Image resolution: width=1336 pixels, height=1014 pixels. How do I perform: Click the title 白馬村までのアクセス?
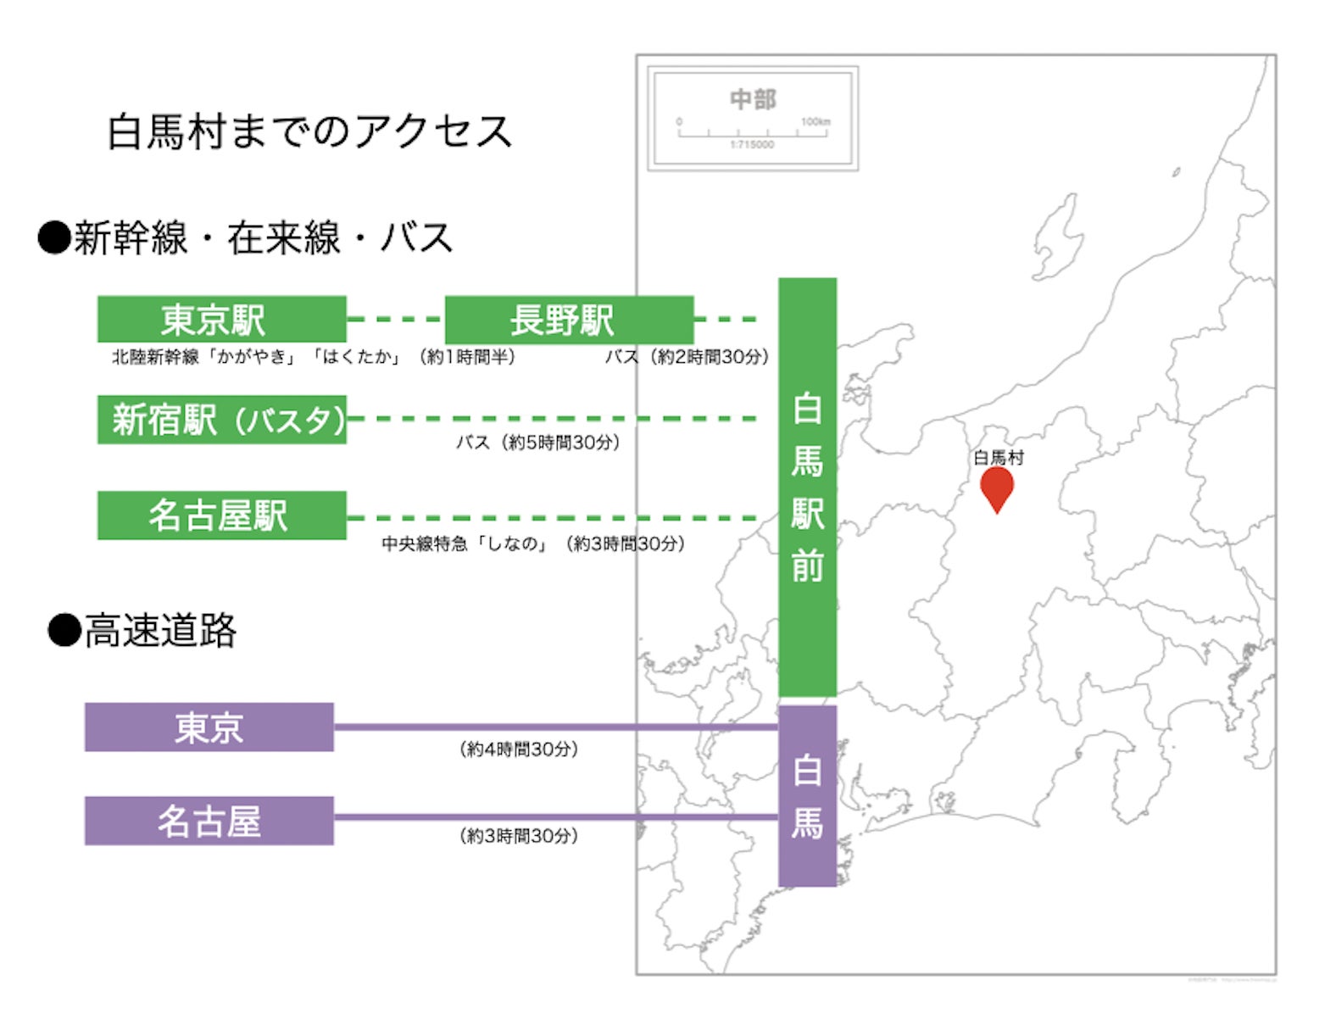point(309,132)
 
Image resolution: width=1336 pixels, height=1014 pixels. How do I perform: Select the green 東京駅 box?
point(221,320)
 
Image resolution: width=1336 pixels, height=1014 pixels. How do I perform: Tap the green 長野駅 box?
point(569,320)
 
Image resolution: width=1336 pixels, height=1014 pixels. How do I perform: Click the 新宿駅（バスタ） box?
point(221,419)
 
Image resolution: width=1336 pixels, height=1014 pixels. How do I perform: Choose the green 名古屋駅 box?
point(221,515)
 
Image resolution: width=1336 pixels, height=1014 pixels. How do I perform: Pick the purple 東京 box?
point(209,727)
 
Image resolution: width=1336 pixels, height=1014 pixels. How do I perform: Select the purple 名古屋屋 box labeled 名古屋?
point(209,821)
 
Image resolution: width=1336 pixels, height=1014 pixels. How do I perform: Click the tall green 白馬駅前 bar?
point(807,487)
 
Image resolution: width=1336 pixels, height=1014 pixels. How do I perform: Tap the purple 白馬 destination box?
point(807,795)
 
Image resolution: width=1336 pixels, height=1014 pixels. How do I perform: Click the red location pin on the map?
point(997,487)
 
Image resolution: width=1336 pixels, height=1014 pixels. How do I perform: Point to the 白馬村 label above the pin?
point(999,458)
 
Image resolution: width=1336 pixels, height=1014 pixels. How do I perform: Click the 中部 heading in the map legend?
point(753,100)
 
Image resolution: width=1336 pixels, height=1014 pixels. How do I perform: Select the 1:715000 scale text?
point(752,145)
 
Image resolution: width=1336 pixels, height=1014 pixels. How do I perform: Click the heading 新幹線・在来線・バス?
point(246,237)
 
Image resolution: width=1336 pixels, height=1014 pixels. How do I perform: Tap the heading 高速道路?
point(142,631)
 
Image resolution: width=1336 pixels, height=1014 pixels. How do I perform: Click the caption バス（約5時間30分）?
point(538,443)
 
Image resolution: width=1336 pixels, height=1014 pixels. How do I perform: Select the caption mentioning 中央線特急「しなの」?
point(532,543)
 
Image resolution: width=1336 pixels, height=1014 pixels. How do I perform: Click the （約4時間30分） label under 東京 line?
point(519,749)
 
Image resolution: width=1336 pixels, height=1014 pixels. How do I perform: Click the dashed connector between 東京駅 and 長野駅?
point(395,320)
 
